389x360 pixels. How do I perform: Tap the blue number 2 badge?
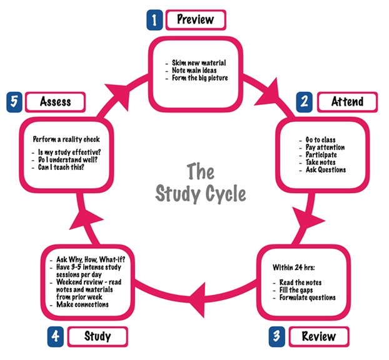click(303, 101)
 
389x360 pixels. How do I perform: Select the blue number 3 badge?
click(276, 336)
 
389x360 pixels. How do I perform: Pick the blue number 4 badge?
click(56, 336)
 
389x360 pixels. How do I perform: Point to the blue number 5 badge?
click(14, 101)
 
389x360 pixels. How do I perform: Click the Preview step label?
click(195, 19)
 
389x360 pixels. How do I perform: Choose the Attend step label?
click(348, 101)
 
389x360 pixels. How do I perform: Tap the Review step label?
click(319, 336)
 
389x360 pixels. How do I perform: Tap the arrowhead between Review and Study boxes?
click(199, 294)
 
